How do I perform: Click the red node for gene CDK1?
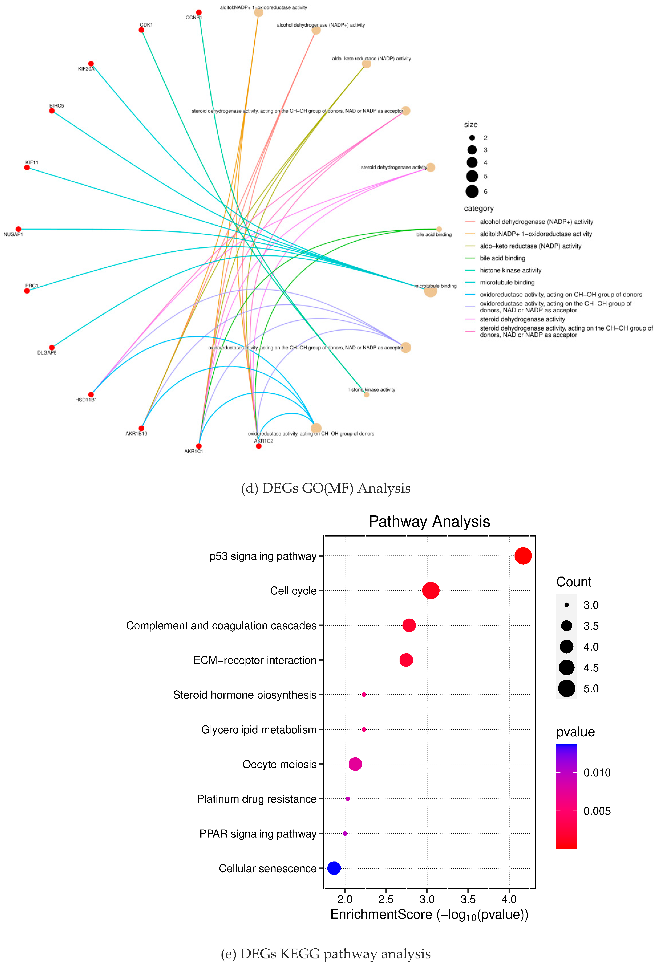(142, 30)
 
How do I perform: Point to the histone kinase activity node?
(366, 394)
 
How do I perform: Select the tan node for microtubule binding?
(430, 291)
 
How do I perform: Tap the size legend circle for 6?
(472, 191)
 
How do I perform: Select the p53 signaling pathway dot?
(523, 556)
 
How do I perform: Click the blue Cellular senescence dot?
(334, 868)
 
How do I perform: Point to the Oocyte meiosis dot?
(355, 764)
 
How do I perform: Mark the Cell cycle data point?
(431, 590)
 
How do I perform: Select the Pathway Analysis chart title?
(429, 521)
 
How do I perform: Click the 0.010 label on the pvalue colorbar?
(597, 773)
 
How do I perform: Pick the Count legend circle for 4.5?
(566, 667)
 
